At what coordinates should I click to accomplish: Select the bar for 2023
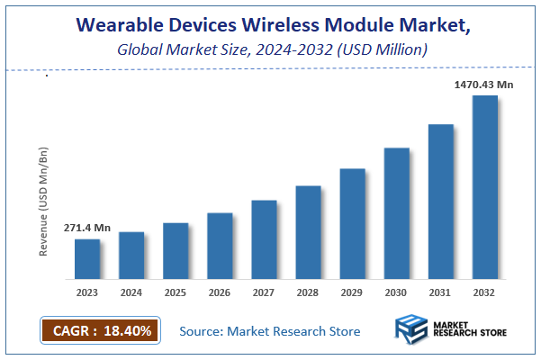tap(87, 258)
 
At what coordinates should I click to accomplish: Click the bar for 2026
tap(220, 246)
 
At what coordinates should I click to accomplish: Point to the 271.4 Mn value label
tap(87, 229)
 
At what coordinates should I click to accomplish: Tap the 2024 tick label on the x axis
tap(131, 292)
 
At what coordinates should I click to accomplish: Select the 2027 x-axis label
tap(264, 292)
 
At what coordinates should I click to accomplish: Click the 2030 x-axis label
tap(396, 292)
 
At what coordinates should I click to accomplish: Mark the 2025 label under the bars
tap(176, 292)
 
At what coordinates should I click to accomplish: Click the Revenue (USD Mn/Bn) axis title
tap(43, 198)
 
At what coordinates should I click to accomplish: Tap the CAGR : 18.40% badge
tap(100, 330)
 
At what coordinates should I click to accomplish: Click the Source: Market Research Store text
tap(270, 331)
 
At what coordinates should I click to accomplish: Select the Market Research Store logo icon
tap(412, 330)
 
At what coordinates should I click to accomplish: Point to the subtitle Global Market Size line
tap(269, 50)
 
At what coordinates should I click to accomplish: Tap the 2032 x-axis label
tap(484, 292)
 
